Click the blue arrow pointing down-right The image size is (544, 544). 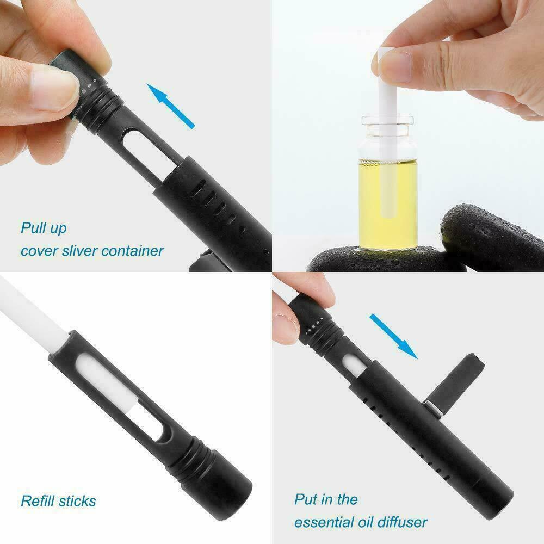point(394,335)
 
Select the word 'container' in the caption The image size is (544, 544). point(134,251)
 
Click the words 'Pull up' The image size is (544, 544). point(44,227)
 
